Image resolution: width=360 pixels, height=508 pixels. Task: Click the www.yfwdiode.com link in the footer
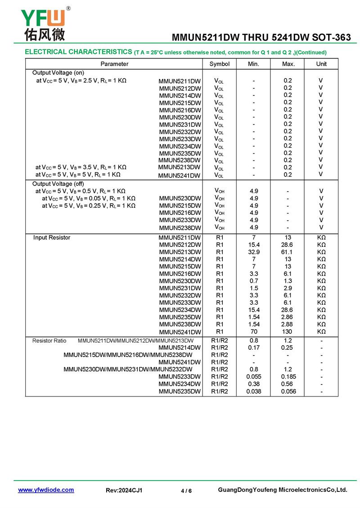[x=46, y=490]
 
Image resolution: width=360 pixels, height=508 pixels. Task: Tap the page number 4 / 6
[x=186, y=490]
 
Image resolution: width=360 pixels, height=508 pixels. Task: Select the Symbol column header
[x=219, y=64]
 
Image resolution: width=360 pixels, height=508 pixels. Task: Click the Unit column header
[x=321, y=64]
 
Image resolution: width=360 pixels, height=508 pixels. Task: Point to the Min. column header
[x=253, y=64]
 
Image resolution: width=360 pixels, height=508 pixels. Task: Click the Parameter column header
[x=114, y=64]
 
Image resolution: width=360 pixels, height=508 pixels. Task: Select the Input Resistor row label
[x=52, y=237]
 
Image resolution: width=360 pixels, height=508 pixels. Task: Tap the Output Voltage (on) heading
[x=58, y=73]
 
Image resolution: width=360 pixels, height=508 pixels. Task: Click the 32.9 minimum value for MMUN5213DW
[x=253, y=252]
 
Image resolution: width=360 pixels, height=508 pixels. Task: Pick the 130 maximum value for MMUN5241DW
[x=288, y=331]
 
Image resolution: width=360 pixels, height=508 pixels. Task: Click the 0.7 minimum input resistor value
[x=253, y=281]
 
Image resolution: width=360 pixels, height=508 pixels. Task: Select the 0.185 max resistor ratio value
[x=288, y=376]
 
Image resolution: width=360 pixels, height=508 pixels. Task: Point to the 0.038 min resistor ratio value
[x=253, y=391]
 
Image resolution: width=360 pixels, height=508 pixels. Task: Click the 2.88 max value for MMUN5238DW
[x=288, y=324]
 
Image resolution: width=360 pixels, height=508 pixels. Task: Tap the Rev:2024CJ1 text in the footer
[x=124, y=490]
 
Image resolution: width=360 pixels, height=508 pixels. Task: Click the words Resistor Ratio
[x=49, y=341]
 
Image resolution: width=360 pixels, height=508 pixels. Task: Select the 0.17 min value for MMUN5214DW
[x=253, y=348]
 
